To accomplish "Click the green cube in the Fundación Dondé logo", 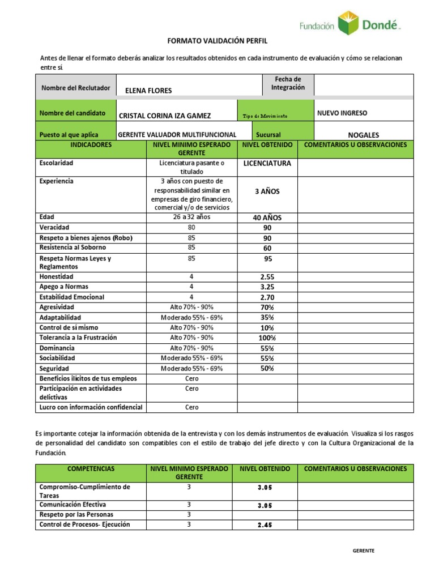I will pos(348,23).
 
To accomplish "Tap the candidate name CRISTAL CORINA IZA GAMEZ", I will pos(165,116).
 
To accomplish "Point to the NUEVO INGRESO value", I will pos(342,113).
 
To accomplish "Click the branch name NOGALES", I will pos(363,135).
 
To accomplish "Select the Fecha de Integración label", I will pos(288,83).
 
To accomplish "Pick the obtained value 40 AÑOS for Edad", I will pos(267,217).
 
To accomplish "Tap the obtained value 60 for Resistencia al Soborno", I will pos(267,248).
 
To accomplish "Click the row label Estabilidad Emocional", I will pos(71,297).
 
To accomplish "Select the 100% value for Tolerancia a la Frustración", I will pos(267,338).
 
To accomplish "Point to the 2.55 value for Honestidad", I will pos(267,277).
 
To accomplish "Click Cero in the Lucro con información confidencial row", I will pos(192,407).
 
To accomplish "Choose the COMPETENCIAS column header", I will pos(91,469).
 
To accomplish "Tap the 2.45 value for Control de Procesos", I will pos(265,525).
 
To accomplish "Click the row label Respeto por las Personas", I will pos(76,514).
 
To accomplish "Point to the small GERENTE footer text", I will pos(363,551).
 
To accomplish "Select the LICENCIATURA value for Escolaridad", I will pos(267,164).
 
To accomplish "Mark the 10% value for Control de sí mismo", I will pos(267,328).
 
